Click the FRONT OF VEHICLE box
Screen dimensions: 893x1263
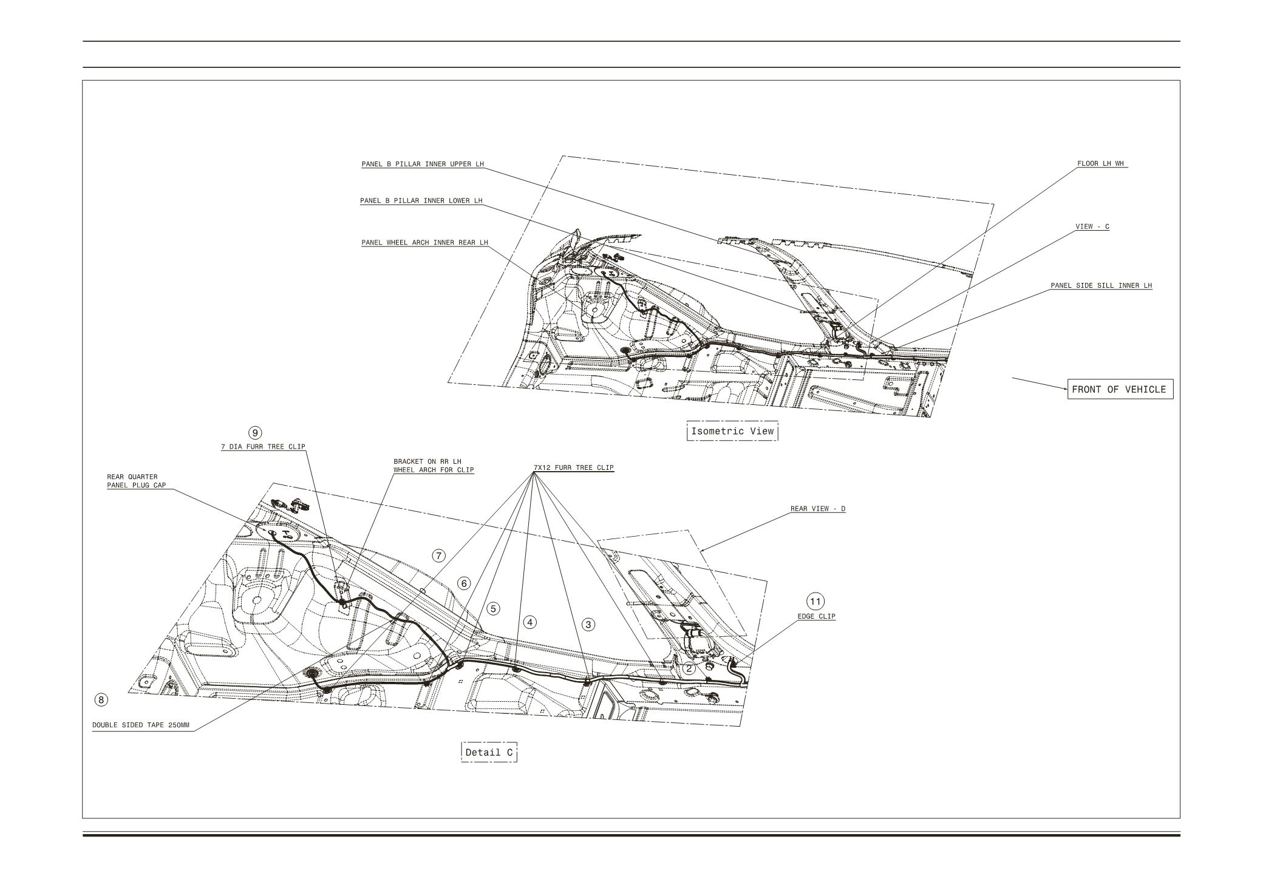click(x=1119, y=390)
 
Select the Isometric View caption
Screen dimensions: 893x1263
click(x=732, y=431)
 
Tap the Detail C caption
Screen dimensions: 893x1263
click(x=489, y=753)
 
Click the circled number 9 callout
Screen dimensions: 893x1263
click(x=256, y=433)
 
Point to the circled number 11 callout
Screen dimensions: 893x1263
click(x=815, y=602)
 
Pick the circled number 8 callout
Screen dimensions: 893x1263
click(x=101, y=700)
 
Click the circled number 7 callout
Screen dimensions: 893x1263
click(x=439, y=555)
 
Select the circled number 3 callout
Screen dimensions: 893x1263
click(x=588, y=624)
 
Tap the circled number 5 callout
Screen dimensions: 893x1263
click(x=494, y=608)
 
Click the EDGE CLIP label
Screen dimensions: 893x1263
click(x=816, y=616)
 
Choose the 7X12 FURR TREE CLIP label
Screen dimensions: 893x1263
click(x=573, y=467)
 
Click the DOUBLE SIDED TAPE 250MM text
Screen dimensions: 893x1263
click(x=141, y=725)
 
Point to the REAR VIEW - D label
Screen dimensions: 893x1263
click(x=817, y=509)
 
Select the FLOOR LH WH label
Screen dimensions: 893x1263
click(x=1101, y=164)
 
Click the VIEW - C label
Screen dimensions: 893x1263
click(x=1092, y=226)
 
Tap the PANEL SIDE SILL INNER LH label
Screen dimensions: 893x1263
click(x=1101, y=285)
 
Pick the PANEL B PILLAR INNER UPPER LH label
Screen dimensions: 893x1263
click(x=423, y=164)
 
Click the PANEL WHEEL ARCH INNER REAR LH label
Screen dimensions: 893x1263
click(x=424, y=243)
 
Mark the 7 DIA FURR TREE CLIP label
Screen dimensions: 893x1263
click(x=262, y=447)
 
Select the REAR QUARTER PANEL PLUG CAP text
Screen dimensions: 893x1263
click(x=136, y=481)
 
